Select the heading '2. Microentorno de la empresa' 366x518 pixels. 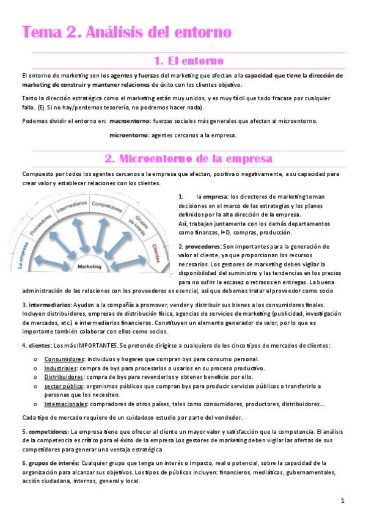(x=189, y=159)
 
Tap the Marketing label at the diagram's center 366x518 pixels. (x=90, y=266)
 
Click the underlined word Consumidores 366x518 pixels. (x=64, y=359)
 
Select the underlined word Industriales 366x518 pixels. (x=60, y=368)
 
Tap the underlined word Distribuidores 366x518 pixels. (x=64, y=377)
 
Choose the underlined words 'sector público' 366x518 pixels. (x=64, y=386)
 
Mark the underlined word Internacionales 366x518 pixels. (x=66, y=404)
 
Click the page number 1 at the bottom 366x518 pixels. (x=343, y=501)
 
